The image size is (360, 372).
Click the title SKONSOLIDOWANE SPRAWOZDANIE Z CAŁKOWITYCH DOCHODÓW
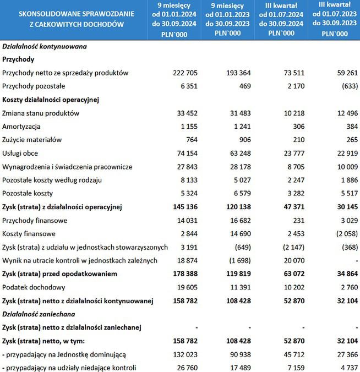(72, 19)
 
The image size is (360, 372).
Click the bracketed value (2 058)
(346, 233)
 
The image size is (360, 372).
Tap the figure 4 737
(349, 367)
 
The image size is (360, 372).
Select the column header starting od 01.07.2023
(334, 19)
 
